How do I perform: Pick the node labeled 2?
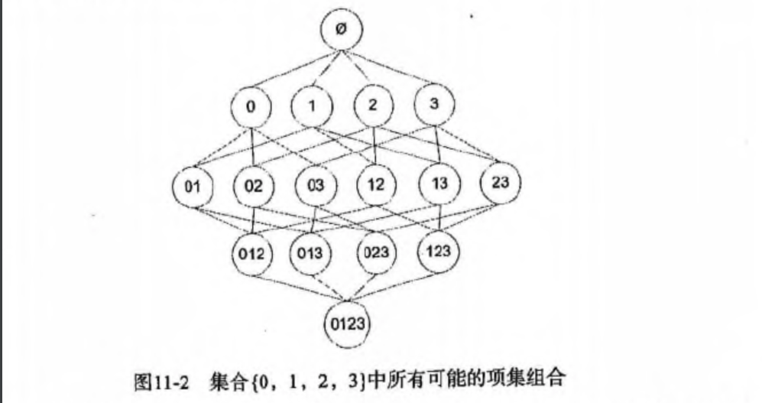pos(372,107)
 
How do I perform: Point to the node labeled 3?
pos(434,106)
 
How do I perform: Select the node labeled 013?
pos(311,254)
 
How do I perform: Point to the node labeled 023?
pos(375,252)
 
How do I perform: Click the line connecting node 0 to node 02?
pos(253,148)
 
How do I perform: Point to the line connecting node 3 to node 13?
pos(436,145)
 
